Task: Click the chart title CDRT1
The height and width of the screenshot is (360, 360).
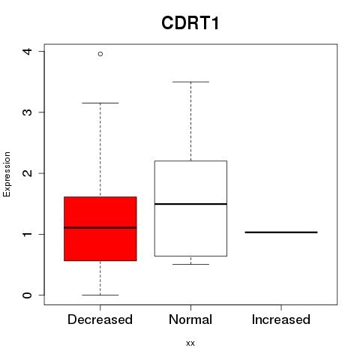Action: [x=190, y=23]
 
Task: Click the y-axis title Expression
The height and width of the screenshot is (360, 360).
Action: [x=7, y=174]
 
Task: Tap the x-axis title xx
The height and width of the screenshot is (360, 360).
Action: [x=190, y=343]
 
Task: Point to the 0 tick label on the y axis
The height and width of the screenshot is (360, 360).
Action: [x=27, y=295]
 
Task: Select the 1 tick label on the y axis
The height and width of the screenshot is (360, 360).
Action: [x=27, y=234]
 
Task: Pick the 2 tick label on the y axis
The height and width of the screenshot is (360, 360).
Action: [x=27, y=173]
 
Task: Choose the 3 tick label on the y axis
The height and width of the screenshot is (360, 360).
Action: [x=27, y=112]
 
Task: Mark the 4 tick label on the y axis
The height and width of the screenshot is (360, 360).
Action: [x=27, y=51]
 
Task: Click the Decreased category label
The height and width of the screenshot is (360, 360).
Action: [x=100, y=319]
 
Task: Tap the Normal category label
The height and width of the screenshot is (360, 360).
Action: [x=190, y=319]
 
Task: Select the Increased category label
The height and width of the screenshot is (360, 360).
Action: [x=281, y=319]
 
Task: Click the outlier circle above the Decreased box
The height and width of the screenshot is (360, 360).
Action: [x=100, y=54]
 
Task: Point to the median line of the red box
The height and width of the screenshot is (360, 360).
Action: [x=100, y=227]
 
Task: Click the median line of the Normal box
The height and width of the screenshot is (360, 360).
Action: [x=190, y=204]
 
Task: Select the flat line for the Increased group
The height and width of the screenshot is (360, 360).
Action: [x=281, y=232]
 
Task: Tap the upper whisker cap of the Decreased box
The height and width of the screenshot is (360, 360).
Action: [x=100, y=103]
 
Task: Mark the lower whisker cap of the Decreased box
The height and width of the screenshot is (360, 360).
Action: [x=100, y=295]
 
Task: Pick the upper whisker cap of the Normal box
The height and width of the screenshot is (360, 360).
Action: [x=190, y=82]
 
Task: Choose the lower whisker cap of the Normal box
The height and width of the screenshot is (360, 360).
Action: [x=190, y=264]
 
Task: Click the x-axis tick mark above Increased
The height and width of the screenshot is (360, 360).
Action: [x=281, y=307]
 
